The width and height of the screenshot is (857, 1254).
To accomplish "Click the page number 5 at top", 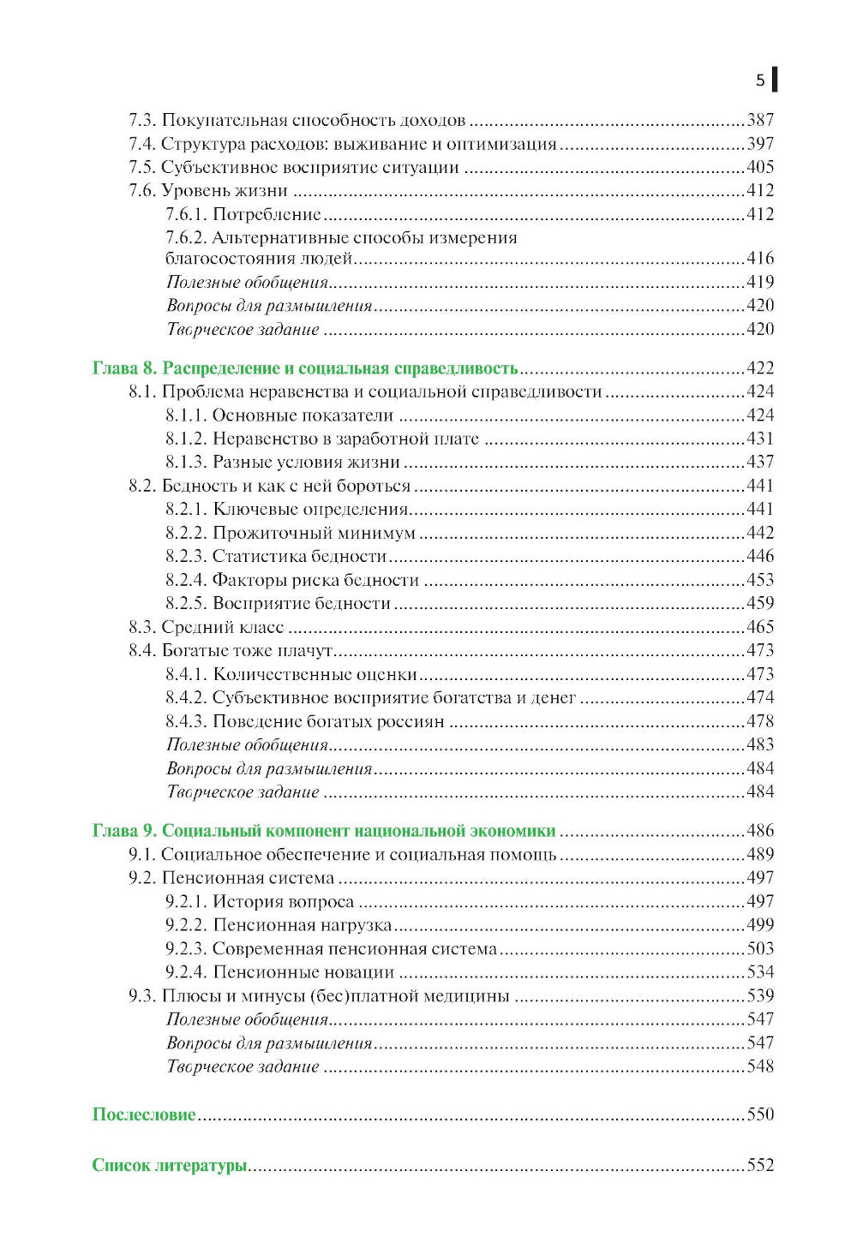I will pyautogui.click(x=760, y=81).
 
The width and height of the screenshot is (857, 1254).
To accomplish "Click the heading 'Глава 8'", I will pyautogui.click(x=125, y=368).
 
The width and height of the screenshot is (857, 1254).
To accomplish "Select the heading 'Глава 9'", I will pyautogui.click(x=125, y=831).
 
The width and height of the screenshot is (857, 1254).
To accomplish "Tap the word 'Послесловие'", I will pyautogui.click(x=144, y=1114).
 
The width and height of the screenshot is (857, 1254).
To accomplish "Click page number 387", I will pyautogui.click(x=760, y=120).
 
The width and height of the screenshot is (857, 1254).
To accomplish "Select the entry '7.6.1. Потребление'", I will pyautogui.click(x=243, y=214).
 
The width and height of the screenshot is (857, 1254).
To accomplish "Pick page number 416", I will pyautogui.click(x=760, y=258).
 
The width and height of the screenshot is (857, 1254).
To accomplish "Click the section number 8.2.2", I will pyautogui.click(x=186, y=533).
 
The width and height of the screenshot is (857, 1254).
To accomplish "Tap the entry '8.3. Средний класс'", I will pyautogui.click(x=207, y=627).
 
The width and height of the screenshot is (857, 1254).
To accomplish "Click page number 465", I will pyautogui.click(x=760, y=627).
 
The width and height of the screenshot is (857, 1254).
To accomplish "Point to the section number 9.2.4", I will pyautogui.click(x=186, y=972).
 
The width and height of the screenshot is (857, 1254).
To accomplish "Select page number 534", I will pyautogui.click(x=760, y=972).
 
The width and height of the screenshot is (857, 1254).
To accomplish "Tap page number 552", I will pyautogui.click(x=760, y=1165).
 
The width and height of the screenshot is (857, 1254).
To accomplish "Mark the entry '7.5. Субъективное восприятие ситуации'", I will pyautogui.click(x=294, y=167).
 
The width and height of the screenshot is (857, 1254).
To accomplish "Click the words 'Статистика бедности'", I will pyautogui.click(x=299, y=556).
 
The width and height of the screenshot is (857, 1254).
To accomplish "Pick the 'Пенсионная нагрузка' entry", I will pyautogui.click(x=302, y=925).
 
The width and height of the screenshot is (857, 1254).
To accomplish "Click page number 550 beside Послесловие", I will pyautogui.click(x=760, y=1114).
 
